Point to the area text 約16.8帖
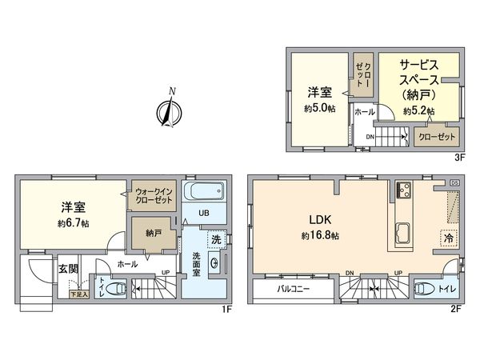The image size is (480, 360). (x=320, y=236)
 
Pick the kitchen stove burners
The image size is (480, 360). (x=401, y=192)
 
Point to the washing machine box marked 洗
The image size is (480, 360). (x=216, y=238)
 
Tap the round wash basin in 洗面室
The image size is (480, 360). (x=214, y=265)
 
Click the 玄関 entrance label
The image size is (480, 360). (x=67, y=270)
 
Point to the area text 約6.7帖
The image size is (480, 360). (x=73, y=223)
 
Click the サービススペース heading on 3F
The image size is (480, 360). (x=420, y=76)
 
